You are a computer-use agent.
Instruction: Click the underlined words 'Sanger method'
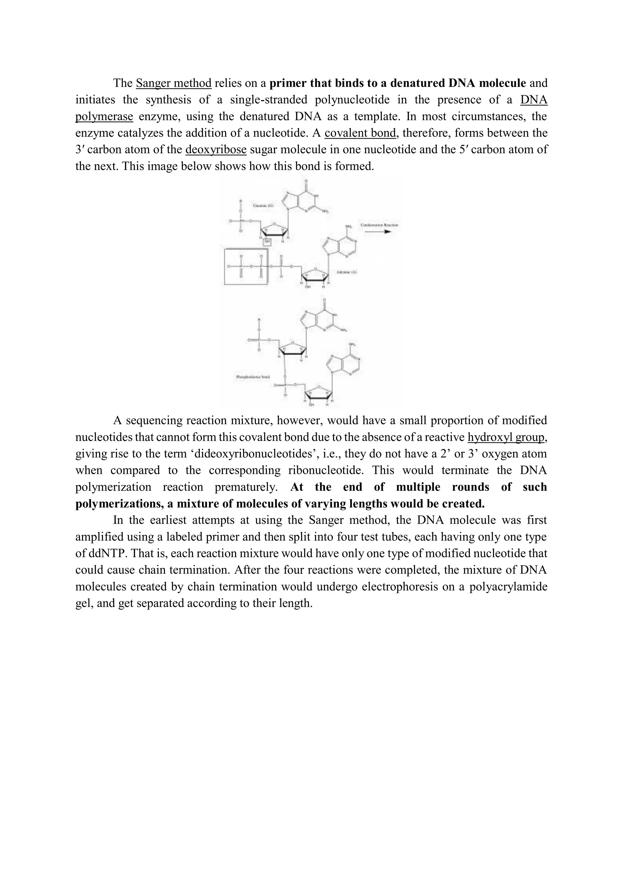point(174,83)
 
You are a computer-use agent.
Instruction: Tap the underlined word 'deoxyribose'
point(216,149)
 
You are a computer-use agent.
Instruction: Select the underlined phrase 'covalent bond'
point(360,133)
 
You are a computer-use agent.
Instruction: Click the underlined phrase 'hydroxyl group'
point(506,437)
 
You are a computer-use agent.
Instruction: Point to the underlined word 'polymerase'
point(104,116)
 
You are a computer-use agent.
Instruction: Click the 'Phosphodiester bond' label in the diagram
point(253,377)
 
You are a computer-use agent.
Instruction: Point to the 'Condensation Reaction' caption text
point(379,225)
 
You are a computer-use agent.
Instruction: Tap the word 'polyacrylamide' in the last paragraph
point(508,587)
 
